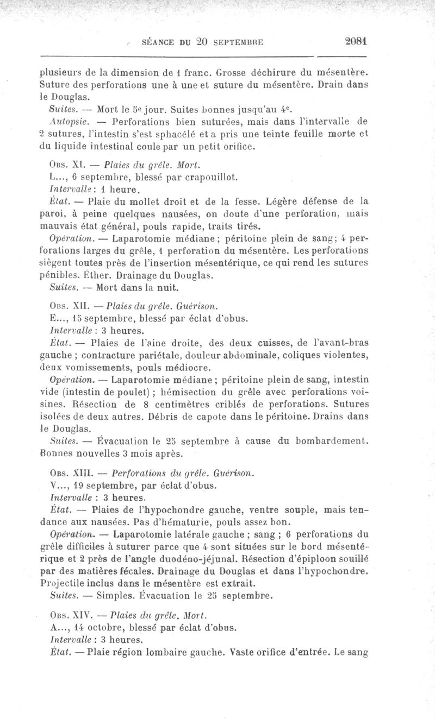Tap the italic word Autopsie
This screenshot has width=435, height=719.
[x=65, y=119]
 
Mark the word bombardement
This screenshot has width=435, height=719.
[x=329, y=441]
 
